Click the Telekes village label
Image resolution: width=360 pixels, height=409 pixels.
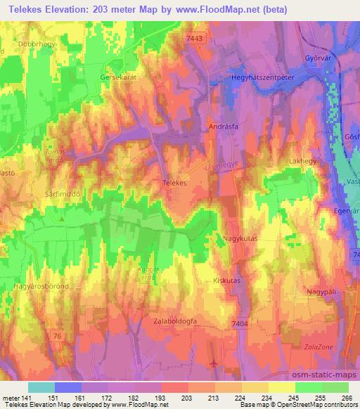(x=174, y=182)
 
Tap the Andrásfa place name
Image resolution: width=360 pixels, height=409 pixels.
(x=223, y=128)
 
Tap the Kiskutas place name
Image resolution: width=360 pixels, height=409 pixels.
(x=226, y=280)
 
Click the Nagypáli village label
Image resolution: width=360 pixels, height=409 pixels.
(x=321, y=291)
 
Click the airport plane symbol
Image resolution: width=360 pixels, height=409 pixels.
(x=214, y=363)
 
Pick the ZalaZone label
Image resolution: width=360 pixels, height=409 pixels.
(x=323, y=356)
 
